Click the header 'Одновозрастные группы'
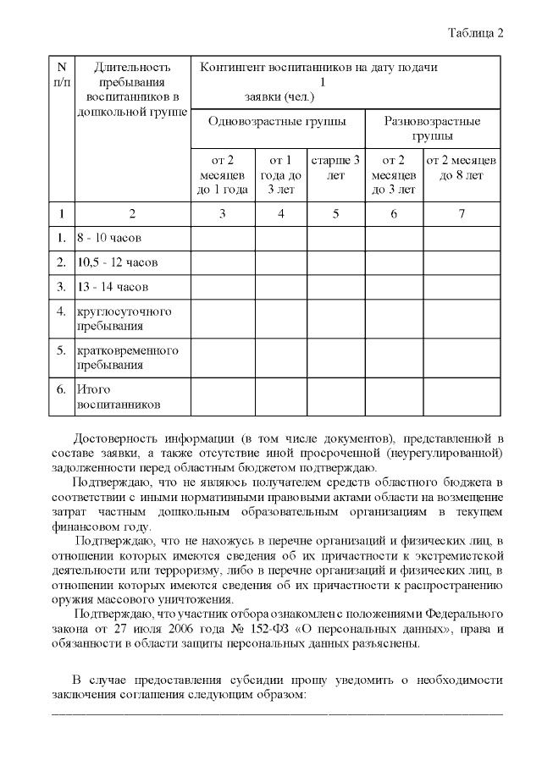277,121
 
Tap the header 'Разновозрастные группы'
432,128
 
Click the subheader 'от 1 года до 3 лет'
280,174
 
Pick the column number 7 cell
461,213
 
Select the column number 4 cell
280,213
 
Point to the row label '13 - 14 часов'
113,287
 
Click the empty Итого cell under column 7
461,397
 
